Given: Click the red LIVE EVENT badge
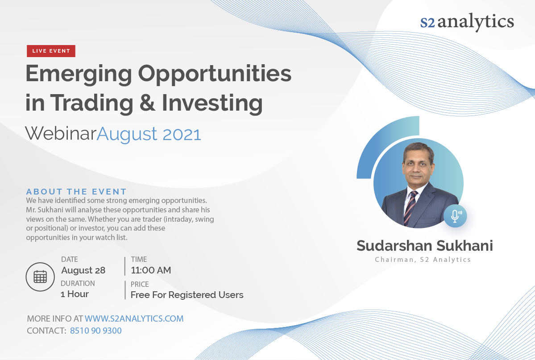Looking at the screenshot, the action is [51, 51].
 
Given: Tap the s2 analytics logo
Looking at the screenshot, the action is [467, 22].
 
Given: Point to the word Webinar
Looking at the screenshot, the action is [61, 133].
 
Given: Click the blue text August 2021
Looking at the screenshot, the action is [149, 134].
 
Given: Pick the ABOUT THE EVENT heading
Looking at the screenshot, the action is [76, 191].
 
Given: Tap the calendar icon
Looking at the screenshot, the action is [40, 277].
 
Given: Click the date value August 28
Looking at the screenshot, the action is [83, 270].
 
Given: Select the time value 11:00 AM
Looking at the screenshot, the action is [151, 270].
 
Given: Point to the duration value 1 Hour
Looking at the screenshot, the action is [75, 294].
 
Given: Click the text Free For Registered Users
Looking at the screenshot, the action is [187, 295].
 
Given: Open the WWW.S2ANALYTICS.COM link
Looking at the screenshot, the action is [134, 319].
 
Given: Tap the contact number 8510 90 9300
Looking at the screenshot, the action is [96, 331].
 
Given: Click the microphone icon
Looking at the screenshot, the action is [455, 216].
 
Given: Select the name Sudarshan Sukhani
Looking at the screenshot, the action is [425, 246].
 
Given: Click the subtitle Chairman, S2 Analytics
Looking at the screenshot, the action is [423, 260].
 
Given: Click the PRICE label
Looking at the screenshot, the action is [140, 284].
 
